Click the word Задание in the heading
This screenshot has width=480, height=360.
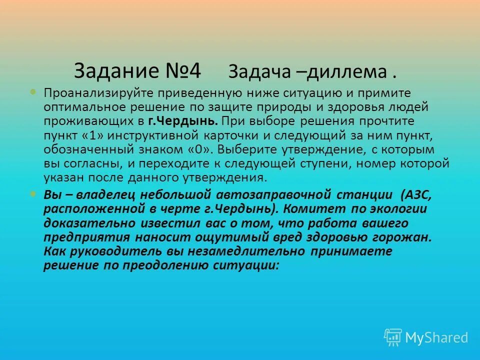point(115,71)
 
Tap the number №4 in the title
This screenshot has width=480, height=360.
point(182,71)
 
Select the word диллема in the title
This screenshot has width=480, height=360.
point(345,72)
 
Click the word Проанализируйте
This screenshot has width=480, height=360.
point(99,93)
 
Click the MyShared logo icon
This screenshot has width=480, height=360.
point(393,337)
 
